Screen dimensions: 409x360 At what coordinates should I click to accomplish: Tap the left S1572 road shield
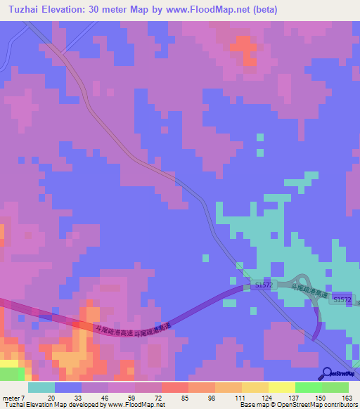(263, 285)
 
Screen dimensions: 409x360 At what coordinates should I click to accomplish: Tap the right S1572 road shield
(342, 299)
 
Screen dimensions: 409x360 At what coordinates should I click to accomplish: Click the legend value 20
(51, 398)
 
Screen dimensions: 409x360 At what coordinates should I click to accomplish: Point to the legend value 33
(79, 398)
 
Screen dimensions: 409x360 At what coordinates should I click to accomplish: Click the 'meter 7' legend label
(13, 398)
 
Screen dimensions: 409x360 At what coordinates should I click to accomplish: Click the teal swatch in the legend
(41, 387)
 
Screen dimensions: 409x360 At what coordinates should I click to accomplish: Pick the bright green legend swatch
(308, 387)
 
